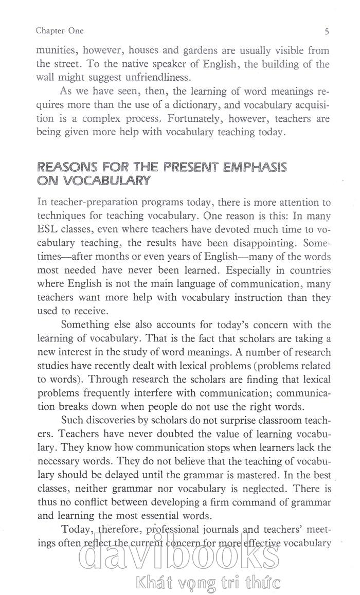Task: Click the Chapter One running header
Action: [60, 31]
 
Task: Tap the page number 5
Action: [327, 31]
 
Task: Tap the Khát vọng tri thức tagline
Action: [206, 584]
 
